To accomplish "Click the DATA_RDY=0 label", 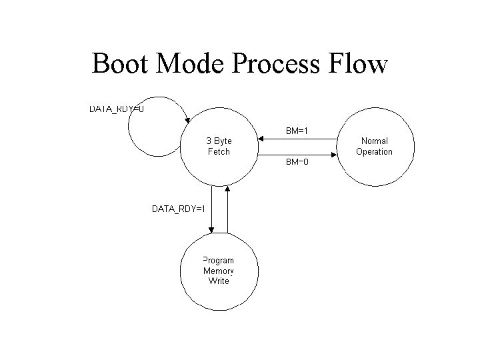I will (x=117, y=108).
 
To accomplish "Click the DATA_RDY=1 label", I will (x=179, y=209).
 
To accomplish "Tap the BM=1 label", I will (x=297, y=131).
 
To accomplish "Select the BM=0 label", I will (x=297, y=161).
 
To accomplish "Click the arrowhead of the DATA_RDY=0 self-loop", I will (x=188, y=121).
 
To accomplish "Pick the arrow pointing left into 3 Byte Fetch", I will (x=263, y=139).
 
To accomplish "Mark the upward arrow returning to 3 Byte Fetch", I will (x=228, y=190).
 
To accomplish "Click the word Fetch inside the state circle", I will (x=219, y=152).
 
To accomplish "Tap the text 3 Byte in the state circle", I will (x=219, y=141).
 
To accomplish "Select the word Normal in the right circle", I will (x=374, y=141).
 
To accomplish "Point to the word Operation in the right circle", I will (x=374, y=151).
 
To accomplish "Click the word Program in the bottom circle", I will (x=219, y=261).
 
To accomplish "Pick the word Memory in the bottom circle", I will (x=219, y=271).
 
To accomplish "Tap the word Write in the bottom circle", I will (x=219, y=281).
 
